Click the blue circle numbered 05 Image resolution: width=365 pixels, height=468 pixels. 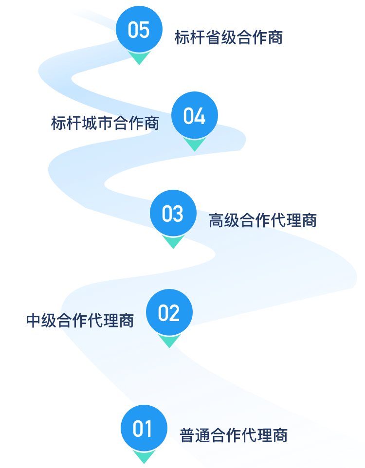point(139,29)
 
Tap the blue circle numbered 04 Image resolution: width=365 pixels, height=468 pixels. point(195,115)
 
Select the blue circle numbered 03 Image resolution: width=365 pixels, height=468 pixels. point(173,213)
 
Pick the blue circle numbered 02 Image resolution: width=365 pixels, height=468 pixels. point(169,312)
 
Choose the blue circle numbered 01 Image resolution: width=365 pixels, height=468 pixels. point(144,429)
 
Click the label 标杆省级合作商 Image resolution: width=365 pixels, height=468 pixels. point(229,37)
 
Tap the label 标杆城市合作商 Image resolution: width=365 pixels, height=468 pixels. point(105,123)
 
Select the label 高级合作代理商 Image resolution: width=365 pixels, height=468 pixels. point(263,220)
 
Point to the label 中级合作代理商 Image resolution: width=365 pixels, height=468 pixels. point(80,321)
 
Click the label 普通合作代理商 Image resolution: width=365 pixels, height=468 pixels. point(234,435)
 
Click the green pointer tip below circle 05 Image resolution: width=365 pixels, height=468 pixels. point(139,59)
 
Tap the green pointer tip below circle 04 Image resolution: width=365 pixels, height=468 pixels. point(195,144)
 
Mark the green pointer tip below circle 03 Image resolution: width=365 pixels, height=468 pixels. point(173,243)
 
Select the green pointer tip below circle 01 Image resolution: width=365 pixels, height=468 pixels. point(144,457)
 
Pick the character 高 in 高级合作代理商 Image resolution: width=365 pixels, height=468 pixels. point(217,220)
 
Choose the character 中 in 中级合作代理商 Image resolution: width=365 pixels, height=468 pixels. point(34,321)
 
